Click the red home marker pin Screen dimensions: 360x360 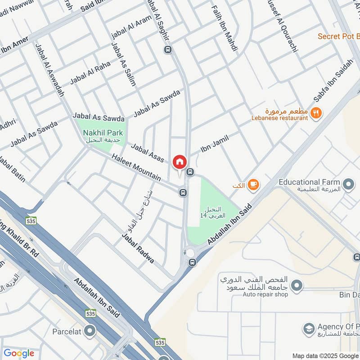point(180,162)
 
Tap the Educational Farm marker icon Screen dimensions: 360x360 point(348,184)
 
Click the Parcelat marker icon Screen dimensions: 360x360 point(90,331)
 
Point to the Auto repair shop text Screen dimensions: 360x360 point(265,295)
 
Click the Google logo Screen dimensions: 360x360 point(19,353)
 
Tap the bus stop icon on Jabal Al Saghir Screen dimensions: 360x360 point(168,49)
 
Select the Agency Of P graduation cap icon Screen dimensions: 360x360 point(308,328)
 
